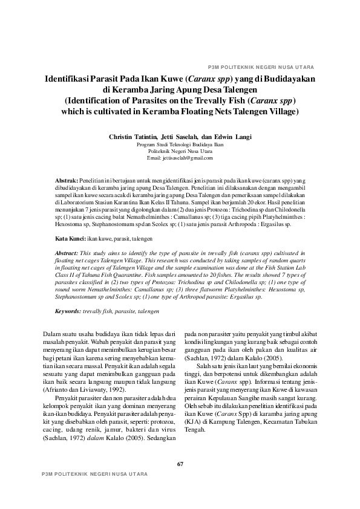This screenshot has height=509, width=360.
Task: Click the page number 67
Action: [180, 464]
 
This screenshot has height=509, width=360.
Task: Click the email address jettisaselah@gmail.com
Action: [180, 157]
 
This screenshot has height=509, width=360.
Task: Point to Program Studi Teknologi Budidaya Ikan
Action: [180, 145]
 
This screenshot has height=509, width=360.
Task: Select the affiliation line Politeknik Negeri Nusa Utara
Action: [180, 151]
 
